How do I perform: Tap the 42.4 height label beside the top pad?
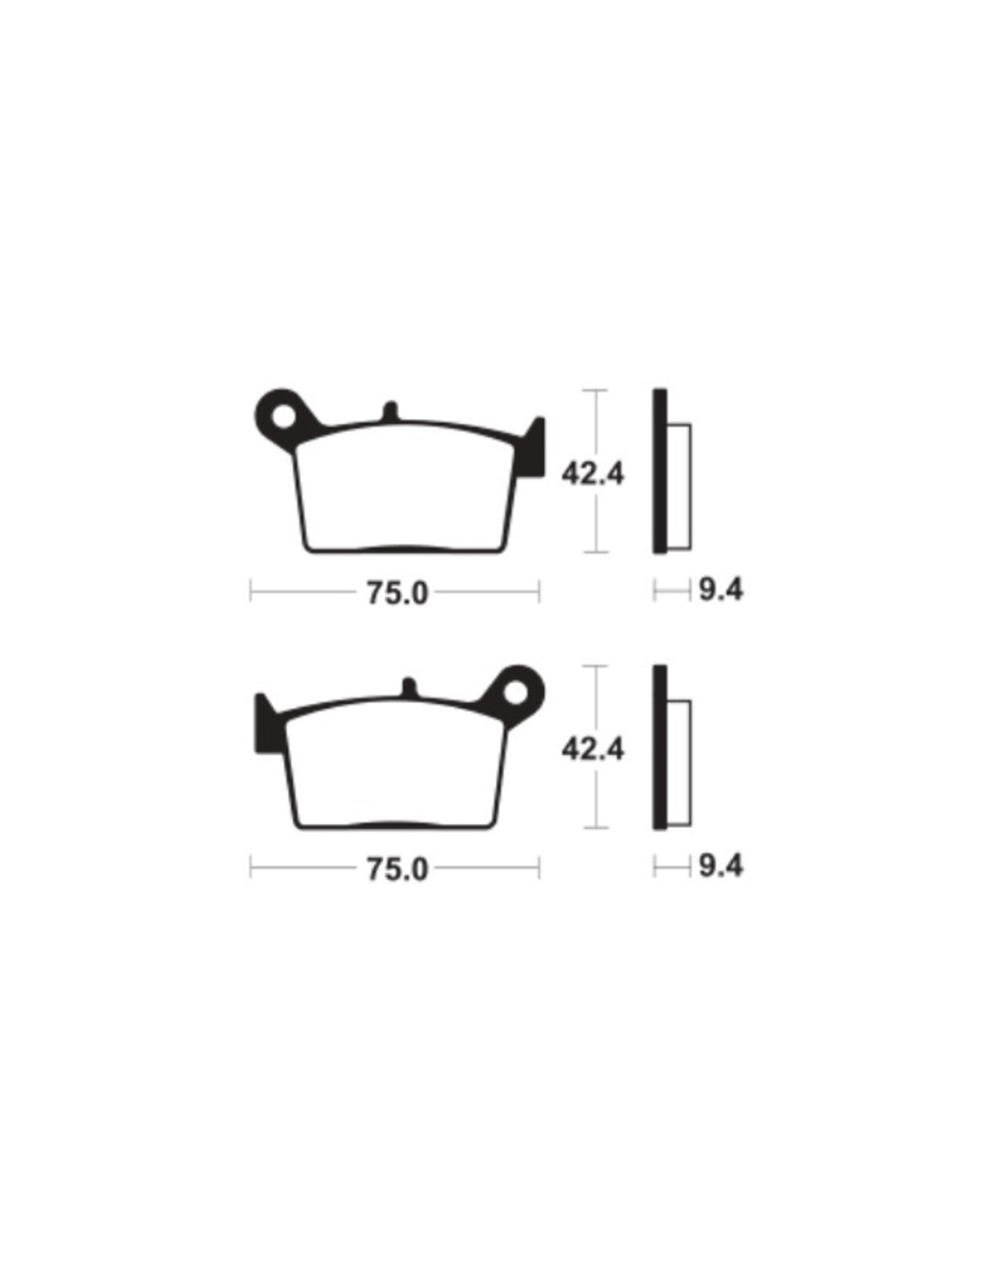(x=593, y=473)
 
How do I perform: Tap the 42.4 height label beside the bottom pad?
(x=593, y=749)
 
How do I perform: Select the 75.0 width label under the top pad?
(x=397, y=594)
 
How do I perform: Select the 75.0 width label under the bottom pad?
(x=397, y=869)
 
